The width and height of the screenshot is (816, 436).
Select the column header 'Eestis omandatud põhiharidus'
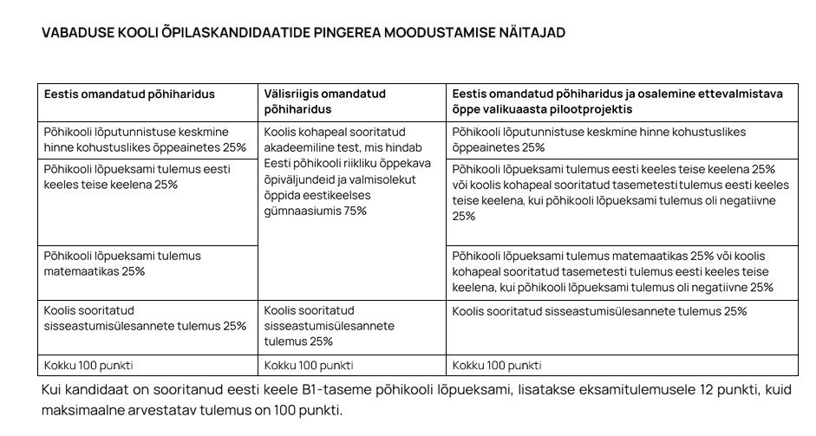coord(130,94)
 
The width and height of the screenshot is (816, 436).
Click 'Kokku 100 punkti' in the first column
coord(88,365)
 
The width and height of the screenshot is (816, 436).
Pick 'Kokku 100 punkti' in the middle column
coord(308,365)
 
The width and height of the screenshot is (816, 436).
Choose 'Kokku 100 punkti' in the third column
coord(497,365)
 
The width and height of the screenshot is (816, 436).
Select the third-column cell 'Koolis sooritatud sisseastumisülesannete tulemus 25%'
coord(599,311)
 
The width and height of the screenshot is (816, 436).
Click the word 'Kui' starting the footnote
coord(52,390)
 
